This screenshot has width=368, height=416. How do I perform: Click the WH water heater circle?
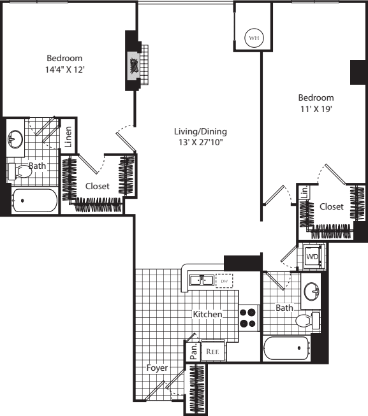click(x=254, y=38)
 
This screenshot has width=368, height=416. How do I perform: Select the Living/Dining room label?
click(x=200, y=131)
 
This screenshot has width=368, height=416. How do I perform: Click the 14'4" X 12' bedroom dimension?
click(x=65, y=69)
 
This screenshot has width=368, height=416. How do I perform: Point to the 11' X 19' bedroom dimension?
click(x=316, y=109)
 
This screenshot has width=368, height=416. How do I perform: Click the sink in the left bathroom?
click(x=15, y=139)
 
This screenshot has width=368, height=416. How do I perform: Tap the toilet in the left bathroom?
click(x=19, y=171)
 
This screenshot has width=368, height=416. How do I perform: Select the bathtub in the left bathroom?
click(x=34, y=201)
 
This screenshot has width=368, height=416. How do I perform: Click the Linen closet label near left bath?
click(x=68, y=136)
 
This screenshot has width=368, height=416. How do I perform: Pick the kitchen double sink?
click(x=202, y=280)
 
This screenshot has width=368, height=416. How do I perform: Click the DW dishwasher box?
click(x=224, y=281)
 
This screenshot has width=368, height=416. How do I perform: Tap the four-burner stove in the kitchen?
click(x=248, y=318)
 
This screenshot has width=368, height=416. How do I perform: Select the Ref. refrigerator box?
click(x=213, y=351)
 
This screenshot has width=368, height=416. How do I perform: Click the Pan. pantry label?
click(x=194, y=352)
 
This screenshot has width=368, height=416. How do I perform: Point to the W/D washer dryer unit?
click(x=313, y=257)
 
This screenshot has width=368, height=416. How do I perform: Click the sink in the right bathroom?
click(x=311, y=291)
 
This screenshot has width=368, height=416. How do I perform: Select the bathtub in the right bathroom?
click(x=287, y=348)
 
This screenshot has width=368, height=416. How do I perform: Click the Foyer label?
click(x=157, y=368)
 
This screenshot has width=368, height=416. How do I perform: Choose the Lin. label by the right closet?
click(x=305, y=192)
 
